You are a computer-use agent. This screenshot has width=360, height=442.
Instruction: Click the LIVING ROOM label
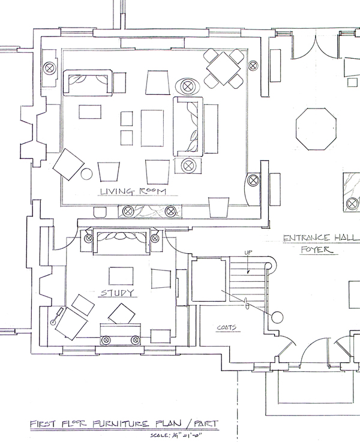click(x=132, y=192)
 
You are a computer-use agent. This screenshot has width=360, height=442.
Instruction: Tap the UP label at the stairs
click(x=247, y=252)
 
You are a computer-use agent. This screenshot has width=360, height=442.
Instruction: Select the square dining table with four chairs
click(x=223, y=69)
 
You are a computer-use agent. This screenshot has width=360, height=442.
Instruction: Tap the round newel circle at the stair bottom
click(x=277, y=317)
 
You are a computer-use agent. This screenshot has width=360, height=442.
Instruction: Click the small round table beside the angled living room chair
click(x=86, y=174)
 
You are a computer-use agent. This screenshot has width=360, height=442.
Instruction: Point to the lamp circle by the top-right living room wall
click(x=253, y=62)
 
